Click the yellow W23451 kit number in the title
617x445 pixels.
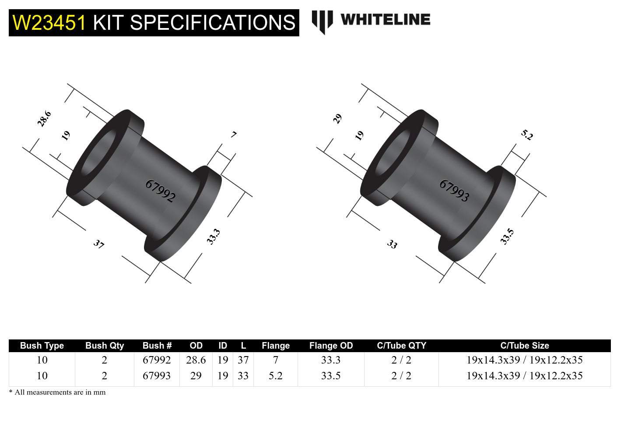[x=49, y=23]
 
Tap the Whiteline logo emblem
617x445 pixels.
[x=322, y=21]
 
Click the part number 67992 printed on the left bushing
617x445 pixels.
[x=160, y=191]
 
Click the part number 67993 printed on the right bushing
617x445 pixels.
[x=454, y=191]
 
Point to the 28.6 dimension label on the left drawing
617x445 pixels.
[x=44, y=119]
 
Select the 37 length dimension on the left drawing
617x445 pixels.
[x=99, y=244]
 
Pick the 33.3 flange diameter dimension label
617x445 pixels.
[x=213, y=237]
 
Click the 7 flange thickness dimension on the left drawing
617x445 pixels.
[x=234, y=134]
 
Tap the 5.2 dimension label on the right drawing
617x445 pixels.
[x=527, y=135]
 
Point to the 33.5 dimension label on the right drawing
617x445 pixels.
[x=507, y=237]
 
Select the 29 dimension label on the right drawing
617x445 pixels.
[x=337, y=119]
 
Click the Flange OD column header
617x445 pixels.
[x=331, y=346]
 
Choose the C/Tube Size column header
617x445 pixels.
[x=524, y=346]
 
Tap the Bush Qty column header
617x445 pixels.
[x=105, y=346]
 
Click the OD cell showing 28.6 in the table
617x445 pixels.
[x=196, y=360]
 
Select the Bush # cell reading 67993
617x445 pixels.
[x=157, y=376]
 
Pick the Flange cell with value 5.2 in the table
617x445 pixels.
[x=275, y=376]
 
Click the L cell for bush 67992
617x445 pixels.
[x=243, y=360]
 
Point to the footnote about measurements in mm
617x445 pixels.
[x=57, y=392]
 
